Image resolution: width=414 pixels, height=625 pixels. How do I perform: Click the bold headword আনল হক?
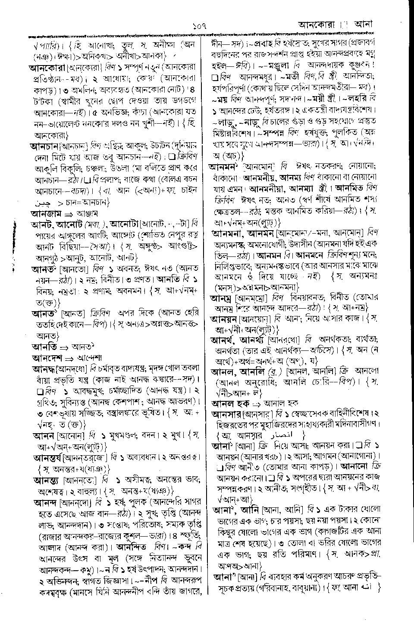click(x=231, y=403)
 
